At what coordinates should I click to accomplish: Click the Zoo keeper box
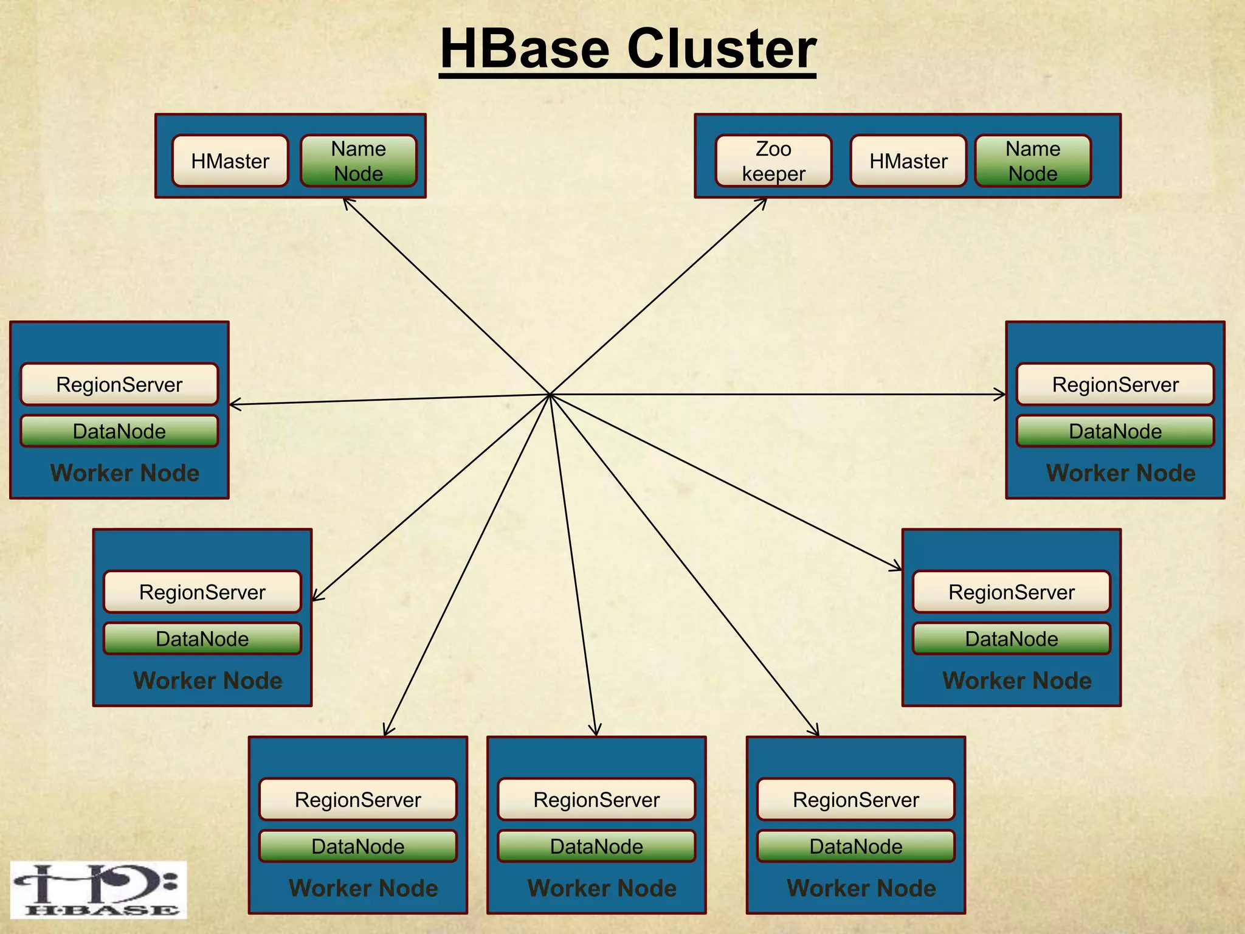(x=773, y=161)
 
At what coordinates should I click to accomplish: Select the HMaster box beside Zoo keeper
(x=908, y=161)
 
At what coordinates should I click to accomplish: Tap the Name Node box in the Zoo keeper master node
(x=1033, y=161)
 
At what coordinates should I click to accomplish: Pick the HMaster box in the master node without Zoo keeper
(x=230, y=161)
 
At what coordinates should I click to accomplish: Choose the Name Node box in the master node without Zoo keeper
(x=359, y=161)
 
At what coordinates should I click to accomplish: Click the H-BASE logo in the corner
(x=98, y=890)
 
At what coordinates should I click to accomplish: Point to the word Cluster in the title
(x=722, y=49)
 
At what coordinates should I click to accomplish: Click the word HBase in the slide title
(x=525, y=49)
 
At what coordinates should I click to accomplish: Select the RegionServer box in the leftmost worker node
(x=119, y=384)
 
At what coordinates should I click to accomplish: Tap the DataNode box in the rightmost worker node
(x=1115, y=431)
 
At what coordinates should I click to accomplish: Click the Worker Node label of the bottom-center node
(x=602, y=888)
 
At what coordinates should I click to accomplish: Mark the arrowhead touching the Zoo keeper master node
(x=765, y=200)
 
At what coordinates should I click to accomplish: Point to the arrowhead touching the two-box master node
(x=345, y=200)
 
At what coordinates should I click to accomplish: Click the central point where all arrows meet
(x=550, y=395)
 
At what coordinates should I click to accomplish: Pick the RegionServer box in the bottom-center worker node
(x=596, y=800)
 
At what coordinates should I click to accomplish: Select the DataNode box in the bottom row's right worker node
(x=856, y=846)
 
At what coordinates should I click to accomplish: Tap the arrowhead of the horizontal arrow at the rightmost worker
(x=1002, y=395)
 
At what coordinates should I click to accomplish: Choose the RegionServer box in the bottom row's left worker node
(x=358, y=800)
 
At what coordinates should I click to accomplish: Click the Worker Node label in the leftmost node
(x=125, y=473)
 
